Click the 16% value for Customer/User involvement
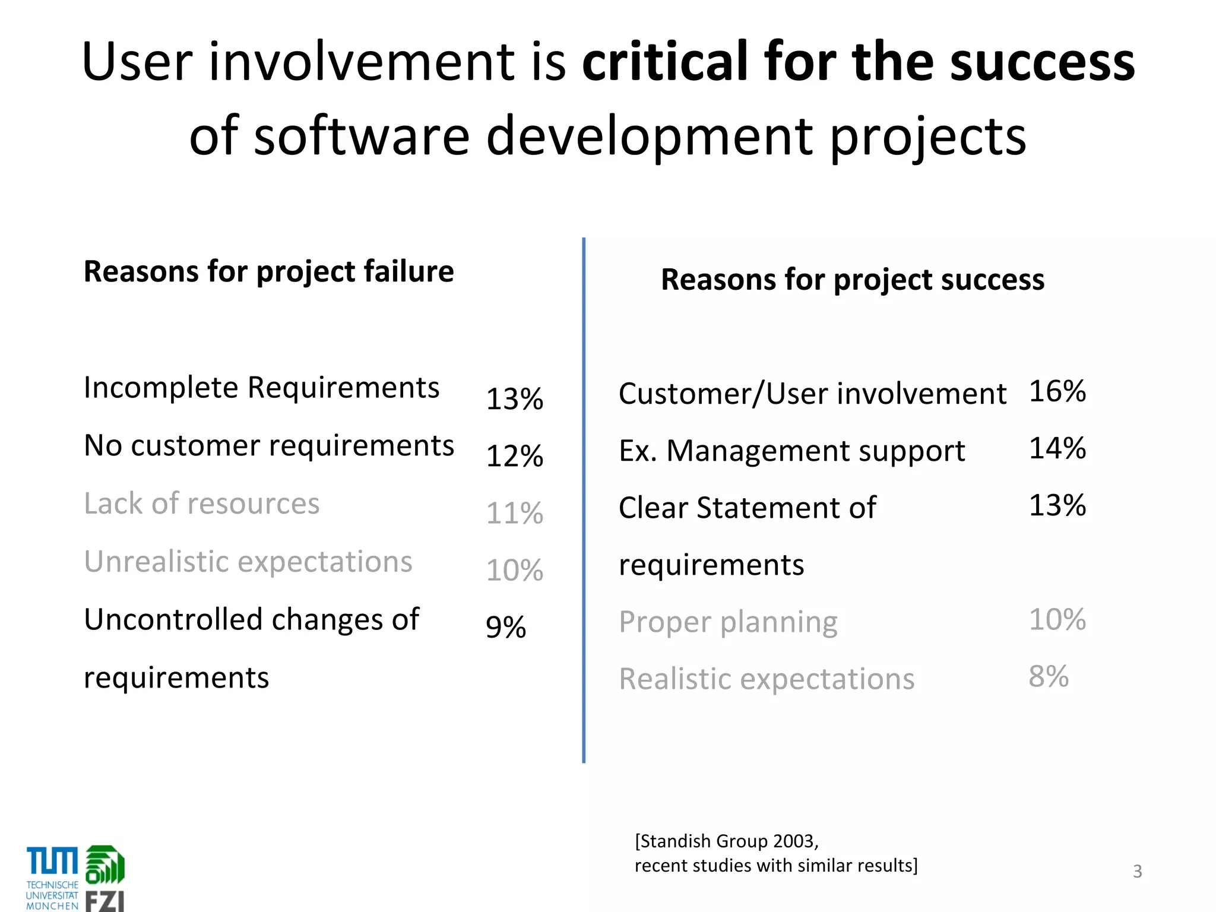pos(1057,391)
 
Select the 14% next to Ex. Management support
pos(1057,448)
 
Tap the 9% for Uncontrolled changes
pos(505,627)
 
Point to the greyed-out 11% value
pos(514,513)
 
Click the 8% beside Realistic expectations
pos(1048,676)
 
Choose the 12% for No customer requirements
pos(514,456)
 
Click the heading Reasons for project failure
pos(268,272)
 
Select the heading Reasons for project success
pos(852,280)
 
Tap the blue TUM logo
pos(52,862)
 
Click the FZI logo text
pos(104,900)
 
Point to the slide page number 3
pos(1137,871)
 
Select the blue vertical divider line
pos(584,499)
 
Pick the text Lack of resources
pos(201,504)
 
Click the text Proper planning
pos(727,622)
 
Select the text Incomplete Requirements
pos(261,388)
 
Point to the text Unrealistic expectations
pos(248,562)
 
